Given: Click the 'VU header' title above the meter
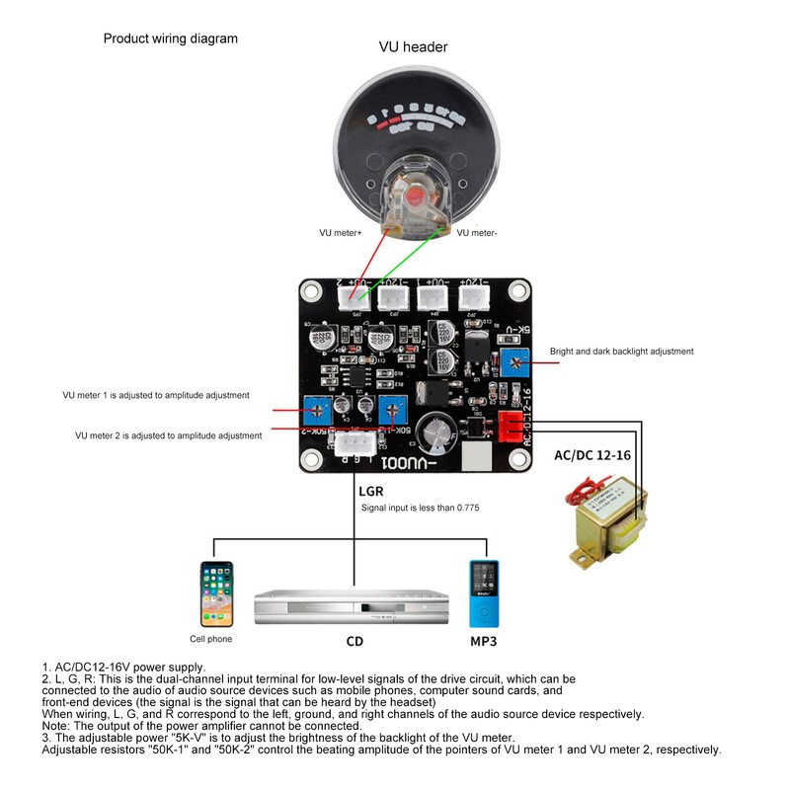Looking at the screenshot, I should click(x=413, y=47).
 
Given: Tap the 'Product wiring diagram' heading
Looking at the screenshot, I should click(x=171, y=39).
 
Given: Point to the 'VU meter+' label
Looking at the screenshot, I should click(x=341, y=233).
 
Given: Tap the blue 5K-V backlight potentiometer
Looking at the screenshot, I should click(x=512, y=361).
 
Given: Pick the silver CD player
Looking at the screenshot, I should click(x=353, y=606).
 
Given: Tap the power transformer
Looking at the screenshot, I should click(x=604, y=520).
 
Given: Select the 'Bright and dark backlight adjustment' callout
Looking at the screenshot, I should click(x=621, y=352).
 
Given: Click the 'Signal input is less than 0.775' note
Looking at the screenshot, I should click(x=420, y=509).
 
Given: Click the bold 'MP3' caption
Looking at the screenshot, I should click(x=483, y=642).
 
